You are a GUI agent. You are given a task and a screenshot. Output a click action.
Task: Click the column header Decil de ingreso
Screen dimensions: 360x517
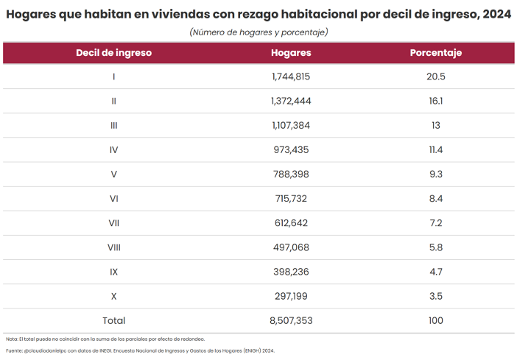pos(113,53)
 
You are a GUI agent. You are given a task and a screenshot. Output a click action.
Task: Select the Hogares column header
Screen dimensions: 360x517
pos(291,53)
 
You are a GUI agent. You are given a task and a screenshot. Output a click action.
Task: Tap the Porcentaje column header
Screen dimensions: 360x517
pos(435,53)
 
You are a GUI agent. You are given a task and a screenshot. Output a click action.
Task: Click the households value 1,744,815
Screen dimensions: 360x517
pos(291,77)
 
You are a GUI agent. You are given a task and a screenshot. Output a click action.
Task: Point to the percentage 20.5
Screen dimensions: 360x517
pos(436,77)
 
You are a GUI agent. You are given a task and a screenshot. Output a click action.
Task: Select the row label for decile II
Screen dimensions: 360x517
pos(113,101)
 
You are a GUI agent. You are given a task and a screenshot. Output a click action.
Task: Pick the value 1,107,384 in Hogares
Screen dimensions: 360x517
pos(291,125)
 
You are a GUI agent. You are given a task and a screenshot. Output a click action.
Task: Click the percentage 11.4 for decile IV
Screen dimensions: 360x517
pos(436,149)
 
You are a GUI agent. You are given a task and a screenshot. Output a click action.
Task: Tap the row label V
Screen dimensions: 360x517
pos(113,174)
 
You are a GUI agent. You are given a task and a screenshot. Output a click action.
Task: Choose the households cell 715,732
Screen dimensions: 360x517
pos(291,198)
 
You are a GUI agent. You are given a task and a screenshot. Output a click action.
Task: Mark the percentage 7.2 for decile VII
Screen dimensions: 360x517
pos(436,222)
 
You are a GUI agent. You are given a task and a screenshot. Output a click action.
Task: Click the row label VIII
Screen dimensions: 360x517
pos(113,247)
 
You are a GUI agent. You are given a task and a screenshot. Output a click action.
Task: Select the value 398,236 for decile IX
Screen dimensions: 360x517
pos(291,272)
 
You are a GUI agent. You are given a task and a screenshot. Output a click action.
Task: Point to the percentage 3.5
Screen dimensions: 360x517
pos(436,296)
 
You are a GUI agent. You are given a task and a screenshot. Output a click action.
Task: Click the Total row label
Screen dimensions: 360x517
pos(113,320)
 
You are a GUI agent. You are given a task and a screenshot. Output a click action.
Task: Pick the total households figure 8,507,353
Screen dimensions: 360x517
pos(291,320)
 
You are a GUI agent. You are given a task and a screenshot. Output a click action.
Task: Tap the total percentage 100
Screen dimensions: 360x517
pos(436,320)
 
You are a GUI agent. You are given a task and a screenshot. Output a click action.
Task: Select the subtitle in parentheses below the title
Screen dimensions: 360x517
pos(258,32)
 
